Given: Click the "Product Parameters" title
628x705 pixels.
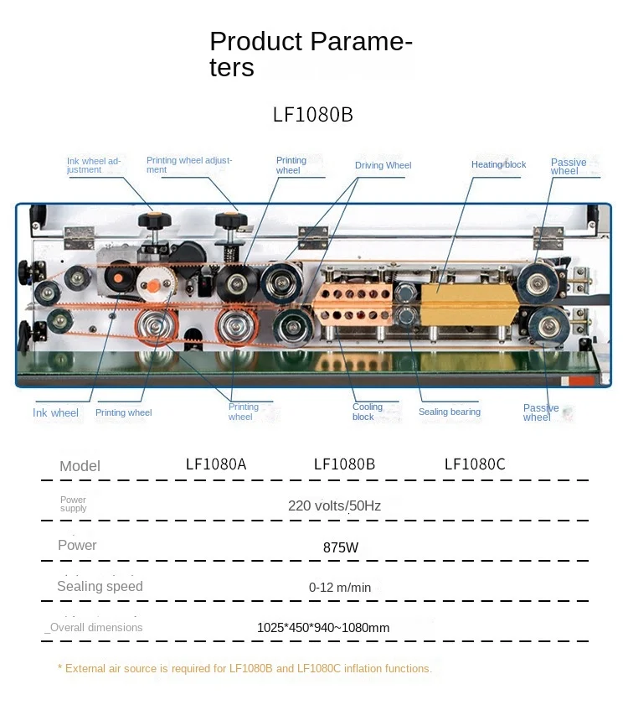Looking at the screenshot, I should coord(311,54).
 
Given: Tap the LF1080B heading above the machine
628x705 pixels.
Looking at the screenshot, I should coord(313,115).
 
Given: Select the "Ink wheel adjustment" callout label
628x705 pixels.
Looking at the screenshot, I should coord(95,165).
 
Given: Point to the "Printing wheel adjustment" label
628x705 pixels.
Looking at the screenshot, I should coord(189,164).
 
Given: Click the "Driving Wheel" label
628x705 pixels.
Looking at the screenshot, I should coord(383,166).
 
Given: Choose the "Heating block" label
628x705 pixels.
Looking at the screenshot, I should coord(498,165).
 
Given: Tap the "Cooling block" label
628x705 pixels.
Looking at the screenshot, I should coord(368,412).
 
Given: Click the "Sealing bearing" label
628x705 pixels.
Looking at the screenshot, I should coord(450,412).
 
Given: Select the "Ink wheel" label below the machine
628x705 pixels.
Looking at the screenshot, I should coord(56,412).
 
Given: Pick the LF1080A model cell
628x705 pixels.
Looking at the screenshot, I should coord(216,464).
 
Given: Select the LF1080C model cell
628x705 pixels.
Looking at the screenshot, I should coord(475,464).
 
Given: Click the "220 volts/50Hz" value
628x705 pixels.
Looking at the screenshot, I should coord(335,505).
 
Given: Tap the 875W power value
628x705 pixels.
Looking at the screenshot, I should coord(341,547).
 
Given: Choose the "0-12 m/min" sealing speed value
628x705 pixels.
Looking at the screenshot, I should coord(340,588).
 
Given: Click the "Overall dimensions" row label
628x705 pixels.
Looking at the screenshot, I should coord(94,627).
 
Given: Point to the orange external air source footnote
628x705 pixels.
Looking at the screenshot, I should coord(245,669).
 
